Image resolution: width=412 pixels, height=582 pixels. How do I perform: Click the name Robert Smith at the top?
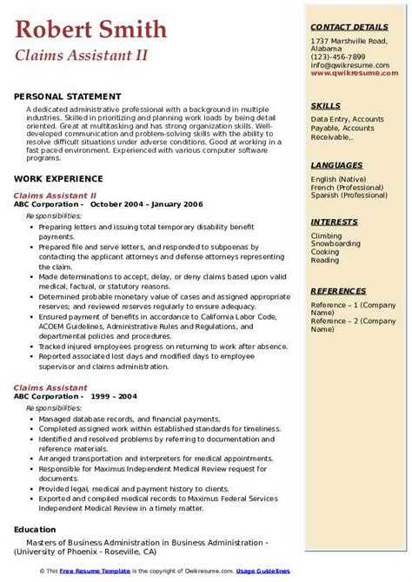click(x=90, y=30)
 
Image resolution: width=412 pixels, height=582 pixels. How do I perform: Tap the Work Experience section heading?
click(x=59, y=178)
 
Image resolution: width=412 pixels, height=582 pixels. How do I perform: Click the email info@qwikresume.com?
click(x=351, y=65)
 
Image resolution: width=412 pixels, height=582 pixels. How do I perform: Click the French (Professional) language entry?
click(x=349, y=187)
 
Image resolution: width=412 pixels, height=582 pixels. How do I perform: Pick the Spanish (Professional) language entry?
click(x=349, y=195)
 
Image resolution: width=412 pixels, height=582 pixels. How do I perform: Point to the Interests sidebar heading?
click(x=334, y=222)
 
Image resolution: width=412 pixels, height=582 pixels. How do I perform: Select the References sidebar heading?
click(x=338, y=290)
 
